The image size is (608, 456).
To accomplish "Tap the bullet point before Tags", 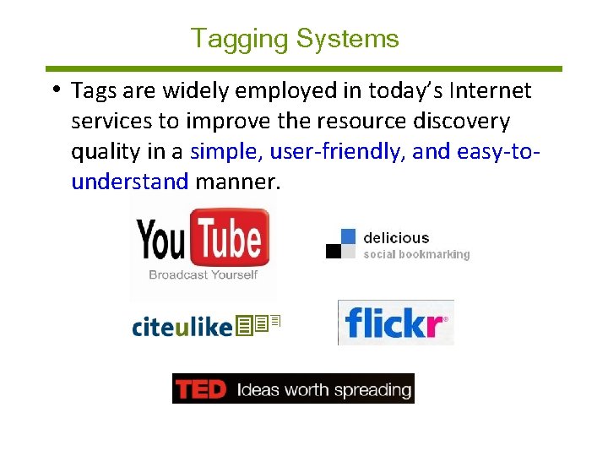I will tap(54, 89).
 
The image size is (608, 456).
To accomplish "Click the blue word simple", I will tap(225, 152).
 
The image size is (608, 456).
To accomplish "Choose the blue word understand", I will tap(129, 182).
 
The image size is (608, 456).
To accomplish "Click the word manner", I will tap(236, 182).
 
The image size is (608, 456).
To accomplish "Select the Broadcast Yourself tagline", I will tap(203, 274).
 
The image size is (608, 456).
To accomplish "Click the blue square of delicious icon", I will tap(348, 237).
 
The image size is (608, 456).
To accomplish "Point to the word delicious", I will tap(396, 238).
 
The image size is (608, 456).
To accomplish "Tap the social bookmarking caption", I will tap(416, 254).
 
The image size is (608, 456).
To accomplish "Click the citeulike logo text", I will tap(182, 327).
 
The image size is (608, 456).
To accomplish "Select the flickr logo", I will tap(395, 323).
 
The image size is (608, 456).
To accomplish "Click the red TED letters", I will tap(201, 389).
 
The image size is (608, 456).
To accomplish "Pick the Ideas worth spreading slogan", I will tap(324, 390).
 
